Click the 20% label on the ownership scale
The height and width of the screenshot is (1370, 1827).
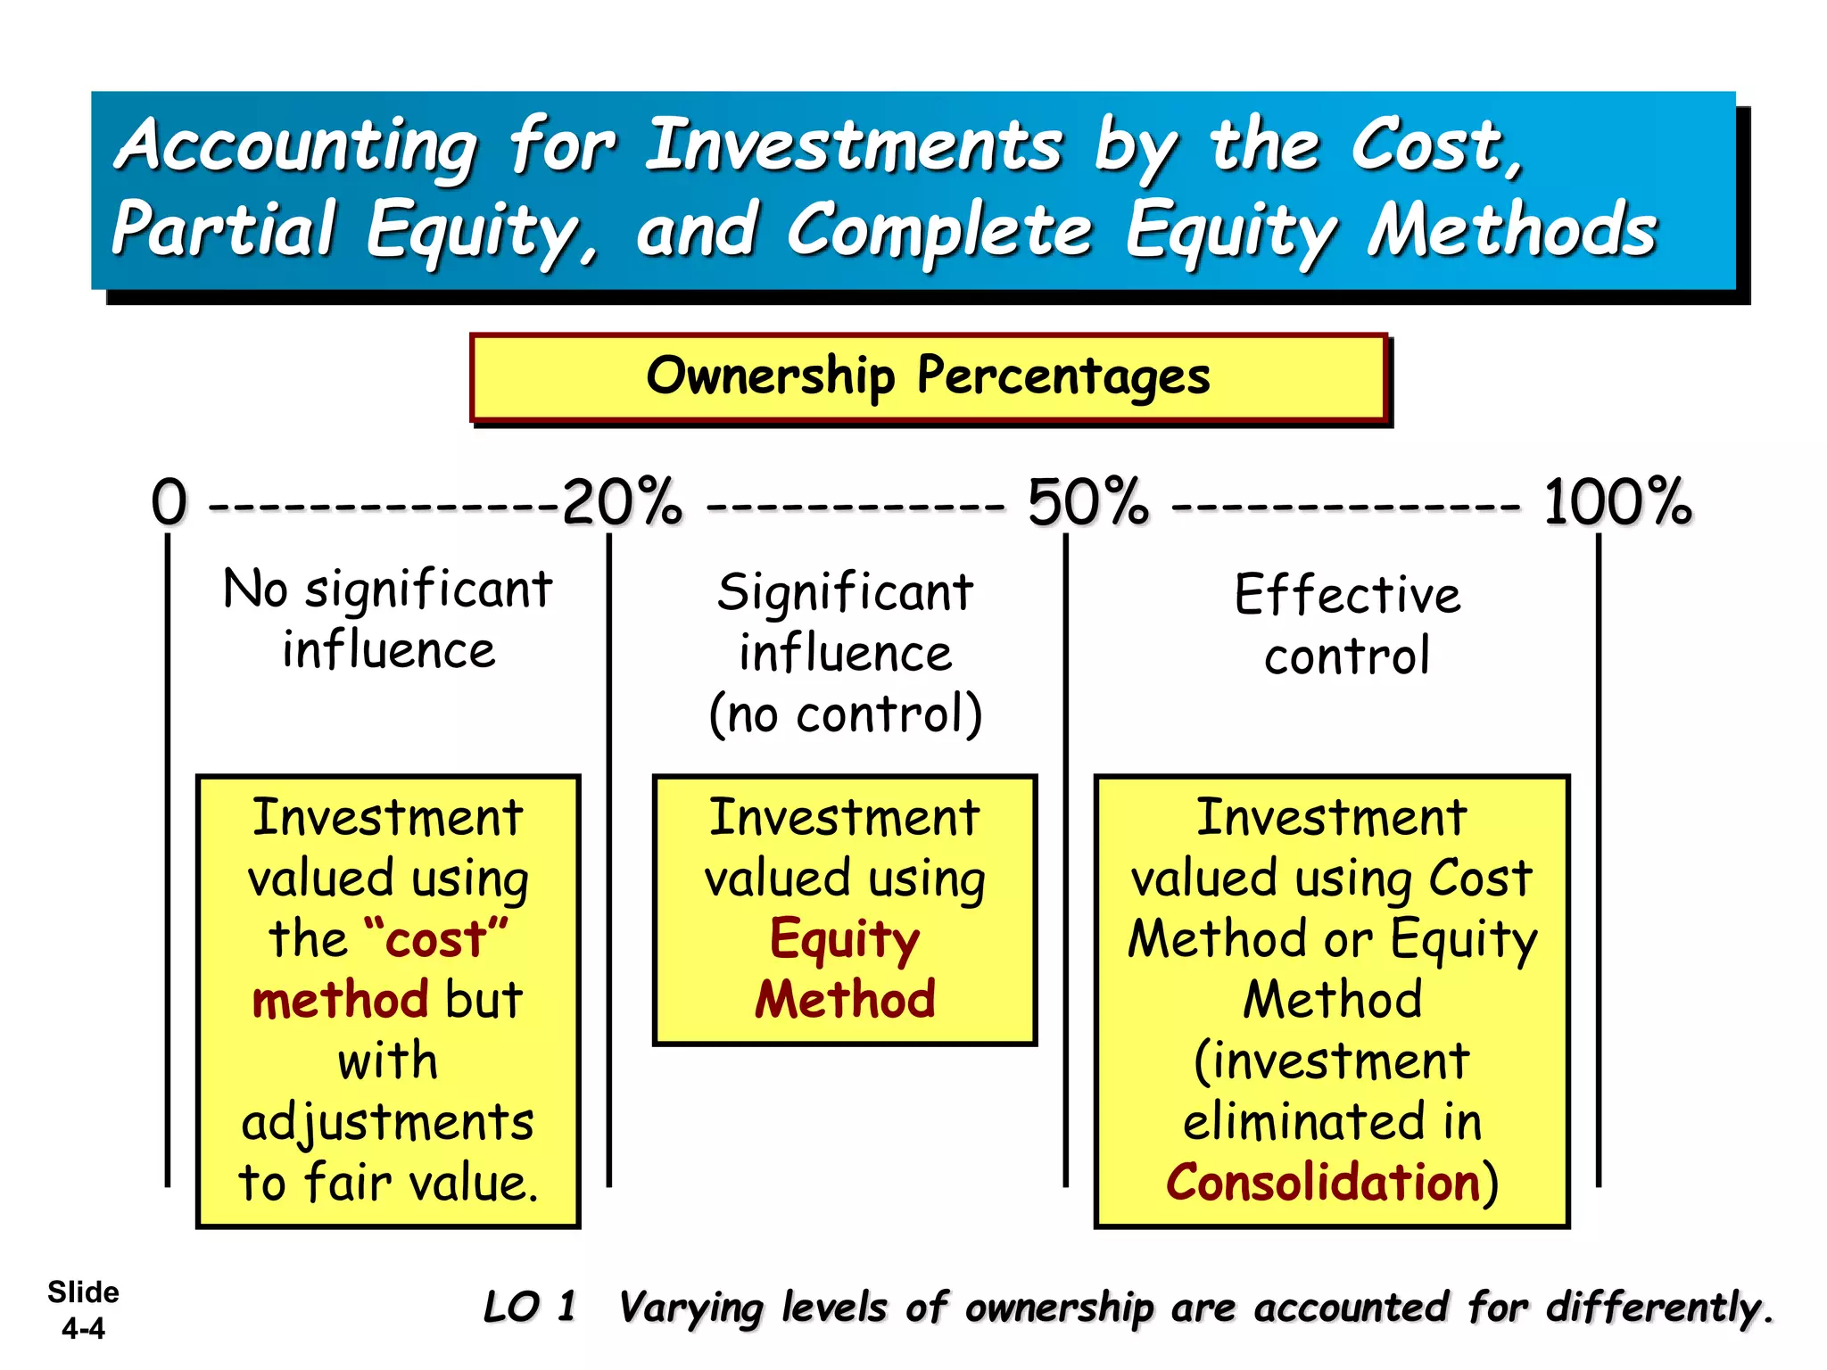tap(622, 502)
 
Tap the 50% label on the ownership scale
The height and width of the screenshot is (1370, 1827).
tap(1087, 502)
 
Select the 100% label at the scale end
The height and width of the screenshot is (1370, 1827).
tap(1616, 502)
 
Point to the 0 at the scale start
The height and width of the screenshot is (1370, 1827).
tap(169, 502)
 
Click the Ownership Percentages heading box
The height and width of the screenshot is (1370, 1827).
tap(928, 376)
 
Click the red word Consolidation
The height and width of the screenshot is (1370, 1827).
tap(1323, 1183)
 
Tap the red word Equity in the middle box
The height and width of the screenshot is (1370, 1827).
tap(844, 940)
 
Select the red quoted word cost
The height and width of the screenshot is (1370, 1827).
tap(436, 940)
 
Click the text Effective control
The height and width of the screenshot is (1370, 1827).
tap(1347, 624)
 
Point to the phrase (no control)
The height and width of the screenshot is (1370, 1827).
tap(845, 714)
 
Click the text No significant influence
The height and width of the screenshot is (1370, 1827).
tap(388, 618)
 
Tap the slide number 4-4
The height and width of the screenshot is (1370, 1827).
tap(83, 1328)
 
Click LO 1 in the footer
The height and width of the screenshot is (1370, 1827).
tap(530, 1308)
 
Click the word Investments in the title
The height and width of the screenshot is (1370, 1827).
tap(854, 145)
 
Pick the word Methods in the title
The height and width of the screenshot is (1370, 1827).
tap(1512, 230)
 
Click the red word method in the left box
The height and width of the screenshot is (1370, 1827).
tap(340, 1000)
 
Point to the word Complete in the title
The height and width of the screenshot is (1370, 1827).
tap(939, 230)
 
